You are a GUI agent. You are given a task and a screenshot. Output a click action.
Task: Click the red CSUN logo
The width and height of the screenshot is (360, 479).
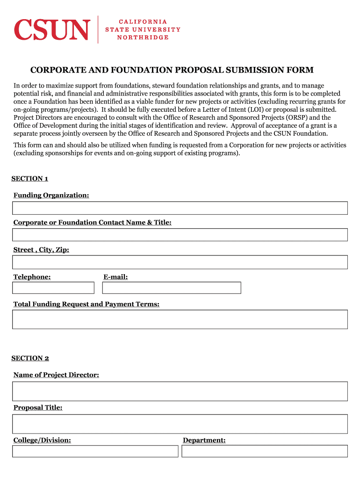click(51, 29)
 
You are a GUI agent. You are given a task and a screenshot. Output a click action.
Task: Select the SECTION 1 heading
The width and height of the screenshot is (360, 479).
click(29, 179)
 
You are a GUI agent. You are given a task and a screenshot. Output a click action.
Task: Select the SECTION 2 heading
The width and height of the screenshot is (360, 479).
click(30, 358)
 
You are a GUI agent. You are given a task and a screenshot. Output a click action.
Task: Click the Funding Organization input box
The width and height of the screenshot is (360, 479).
click(180, 208)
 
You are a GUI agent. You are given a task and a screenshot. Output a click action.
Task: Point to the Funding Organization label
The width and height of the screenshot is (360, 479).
click(51, 195)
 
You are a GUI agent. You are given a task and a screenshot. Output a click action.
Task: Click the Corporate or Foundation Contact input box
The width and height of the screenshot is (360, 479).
click(180, 235)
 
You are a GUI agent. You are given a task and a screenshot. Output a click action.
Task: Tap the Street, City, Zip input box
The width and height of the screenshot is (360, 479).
click(180, 262)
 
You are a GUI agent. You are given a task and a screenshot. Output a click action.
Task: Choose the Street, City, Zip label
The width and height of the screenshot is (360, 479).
click(41, 250)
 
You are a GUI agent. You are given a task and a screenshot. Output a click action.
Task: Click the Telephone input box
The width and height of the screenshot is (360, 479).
click(53, 288)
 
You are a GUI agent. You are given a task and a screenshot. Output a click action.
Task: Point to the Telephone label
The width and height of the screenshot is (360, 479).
click(32, 277)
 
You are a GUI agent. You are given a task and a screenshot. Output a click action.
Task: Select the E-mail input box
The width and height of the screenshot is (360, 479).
click(172, 288)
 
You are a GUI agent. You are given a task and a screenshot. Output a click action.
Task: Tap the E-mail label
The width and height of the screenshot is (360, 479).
click(115, 277)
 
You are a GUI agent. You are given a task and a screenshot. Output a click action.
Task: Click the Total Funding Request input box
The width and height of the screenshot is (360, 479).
click(180, 319)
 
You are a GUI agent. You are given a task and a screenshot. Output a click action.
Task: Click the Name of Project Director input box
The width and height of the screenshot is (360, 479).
click(180, 391)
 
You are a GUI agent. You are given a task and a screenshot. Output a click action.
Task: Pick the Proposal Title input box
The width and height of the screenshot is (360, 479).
click(180, 424)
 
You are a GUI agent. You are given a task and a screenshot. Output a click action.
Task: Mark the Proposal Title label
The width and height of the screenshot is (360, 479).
click(38, 408)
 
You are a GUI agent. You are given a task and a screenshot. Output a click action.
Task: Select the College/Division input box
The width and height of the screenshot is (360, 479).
click(95, 451)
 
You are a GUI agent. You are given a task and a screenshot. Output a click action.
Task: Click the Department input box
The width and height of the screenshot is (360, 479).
click(265, 451)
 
